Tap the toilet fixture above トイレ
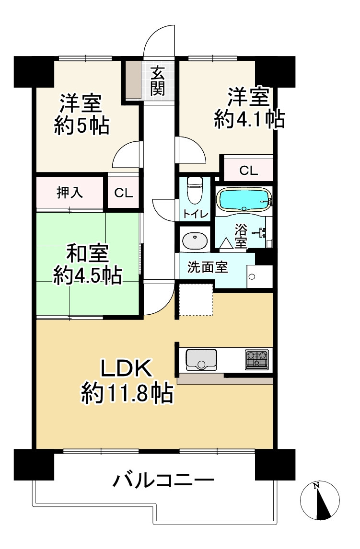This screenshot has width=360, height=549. click(x=194, y=191)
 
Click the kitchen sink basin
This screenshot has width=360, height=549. click(x=201, y=360)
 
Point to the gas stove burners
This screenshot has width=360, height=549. click(x=257, y=360)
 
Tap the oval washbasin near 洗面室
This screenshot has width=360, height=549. click(x=195, y=240)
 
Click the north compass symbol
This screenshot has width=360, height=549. click(x=319, y=500)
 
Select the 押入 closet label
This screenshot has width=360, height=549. click(x=70, y=193)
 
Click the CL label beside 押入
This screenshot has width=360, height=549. click(x=123, y=193)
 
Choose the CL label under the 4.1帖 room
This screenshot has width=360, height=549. click(x=248, y=170)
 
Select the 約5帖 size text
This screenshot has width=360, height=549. click(x=80, y=126)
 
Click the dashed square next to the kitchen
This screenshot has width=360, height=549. click(x=196, y=299)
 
